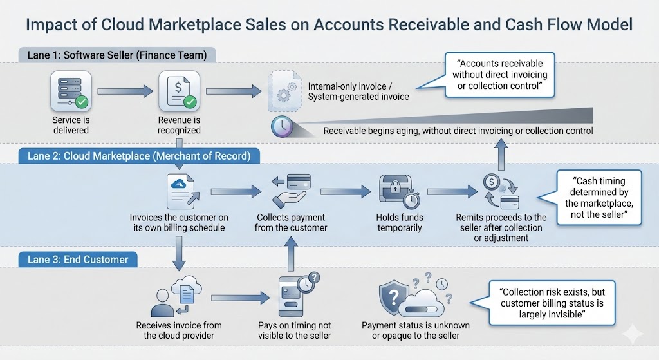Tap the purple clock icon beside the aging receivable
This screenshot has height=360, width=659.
point(282,126)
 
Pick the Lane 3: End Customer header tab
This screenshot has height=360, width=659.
point(77,260)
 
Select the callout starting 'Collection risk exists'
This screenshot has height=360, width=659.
point(552,303)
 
